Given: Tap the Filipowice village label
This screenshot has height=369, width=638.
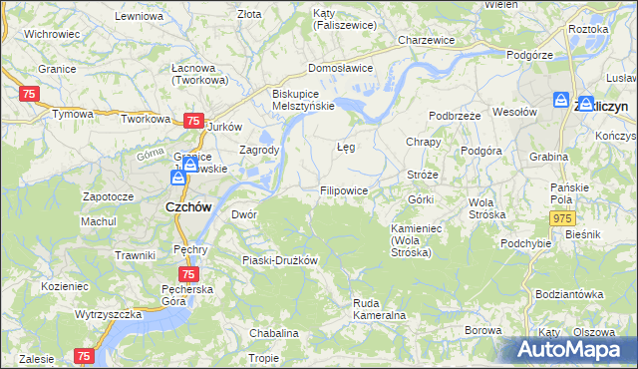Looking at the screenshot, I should tap(344, 189).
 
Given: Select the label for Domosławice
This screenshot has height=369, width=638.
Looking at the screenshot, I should tap(340, 68).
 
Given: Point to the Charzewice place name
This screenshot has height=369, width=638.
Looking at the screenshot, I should tap(426, 40).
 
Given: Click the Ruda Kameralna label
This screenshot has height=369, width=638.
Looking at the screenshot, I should tap(379, 309).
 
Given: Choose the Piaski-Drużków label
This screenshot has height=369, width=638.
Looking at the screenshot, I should tap(279, 260).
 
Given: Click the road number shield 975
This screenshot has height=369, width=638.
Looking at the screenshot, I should tap(563, 218).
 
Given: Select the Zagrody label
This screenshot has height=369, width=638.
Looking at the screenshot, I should tap(259, 150).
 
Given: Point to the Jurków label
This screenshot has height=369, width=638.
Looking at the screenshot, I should tap(224, 127).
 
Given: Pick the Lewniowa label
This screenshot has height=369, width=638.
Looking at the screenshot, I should tap(139, 17).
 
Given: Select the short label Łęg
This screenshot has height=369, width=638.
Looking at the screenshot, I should tap(346, 146).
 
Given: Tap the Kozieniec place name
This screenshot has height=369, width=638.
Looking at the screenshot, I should tap(65, 285).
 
